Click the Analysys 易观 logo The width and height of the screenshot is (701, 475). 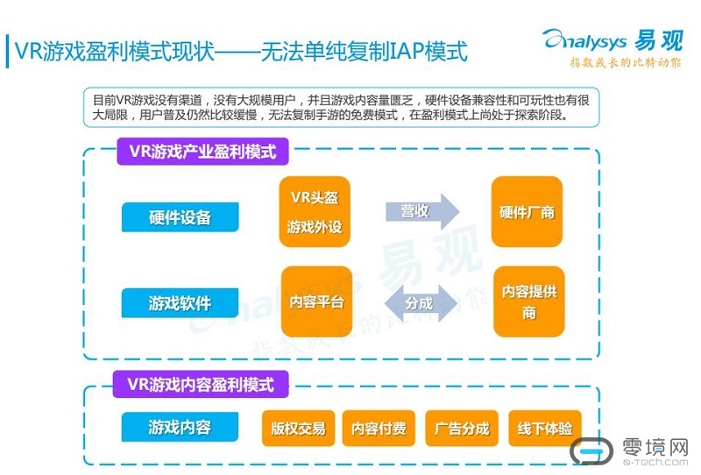612,40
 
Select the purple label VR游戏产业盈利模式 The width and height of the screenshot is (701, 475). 202,152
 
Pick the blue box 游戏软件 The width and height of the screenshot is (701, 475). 180,303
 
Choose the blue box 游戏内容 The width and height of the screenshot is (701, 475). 180,428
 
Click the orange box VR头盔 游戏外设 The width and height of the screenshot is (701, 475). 315,213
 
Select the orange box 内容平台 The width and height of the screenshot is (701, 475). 315,302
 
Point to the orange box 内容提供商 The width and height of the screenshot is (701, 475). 528,302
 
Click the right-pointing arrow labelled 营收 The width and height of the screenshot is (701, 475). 421,211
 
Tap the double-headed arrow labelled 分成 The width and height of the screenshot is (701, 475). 421,303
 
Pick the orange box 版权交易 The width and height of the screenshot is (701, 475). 298,429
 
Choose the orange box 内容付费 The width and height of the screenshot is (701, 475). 379,429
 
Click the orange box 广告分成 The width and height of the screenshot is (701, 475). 462,429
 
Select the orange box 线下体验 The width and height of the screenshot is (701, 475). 545,429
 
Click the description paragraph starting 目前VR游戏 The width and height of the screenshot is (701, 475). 342,107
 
